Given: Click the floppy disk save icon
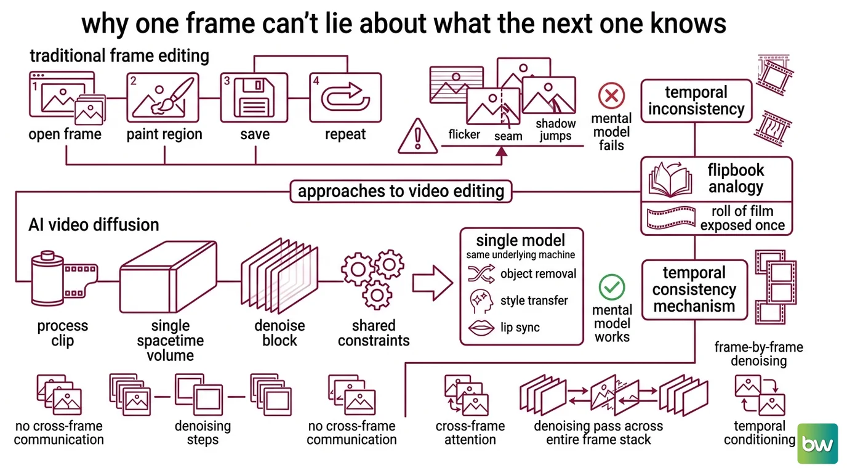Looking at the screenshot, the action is click(254, 97).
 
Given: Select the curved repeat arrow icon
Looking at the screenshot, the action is click(345, 97).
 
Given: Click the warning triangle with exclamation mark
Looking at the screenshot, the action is click(417, 136).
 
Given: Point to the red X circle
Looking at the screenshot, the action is click(611, 95).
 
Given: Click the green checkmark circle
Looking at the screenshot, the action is click(611, 287).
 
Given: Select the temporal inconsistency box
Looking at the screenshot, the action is click(696, 100).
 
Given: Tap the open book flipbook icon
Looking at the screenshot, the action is click(670, 179).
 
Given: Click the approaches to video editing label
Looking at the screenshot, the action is click(401, 191).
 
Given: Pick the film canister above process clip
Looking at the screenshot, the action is click(63, 278).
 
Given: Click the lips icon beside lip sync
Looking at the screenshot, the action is click(481, 328).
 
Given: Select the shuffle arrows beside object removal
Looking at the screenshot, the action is click(481, 274).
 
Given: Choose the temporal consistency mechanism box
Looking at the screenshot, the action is click(694, 289).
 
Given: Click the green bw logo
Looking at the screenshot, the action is click(817, 443).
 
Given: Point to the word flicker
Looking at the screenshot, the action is click(464, 134).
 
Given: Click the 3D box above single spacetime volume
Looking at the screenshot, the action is click(168, 277).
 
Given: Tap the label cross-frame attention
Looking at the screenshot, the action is click(470, 433).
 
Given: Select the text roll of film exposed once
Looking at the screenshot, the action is click(742, 219).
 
